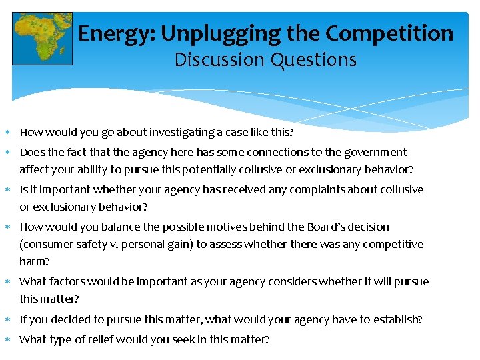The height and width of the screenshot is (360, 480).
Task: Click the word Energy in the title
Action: [x=110, y=33]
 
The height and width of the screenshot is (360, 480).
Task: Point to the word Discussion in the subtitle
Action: [x=219, y=60]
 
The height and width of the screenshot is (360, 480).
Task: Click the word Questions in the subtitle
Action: [x=313, y=60]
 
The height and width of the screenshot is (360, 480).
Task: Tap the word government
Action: [x=373, y=152]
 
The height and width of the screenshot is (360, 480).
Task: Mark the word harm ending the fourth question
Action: [x=33, y=261]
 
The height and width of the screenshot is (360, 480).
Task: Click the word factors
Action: [x=67, y=281]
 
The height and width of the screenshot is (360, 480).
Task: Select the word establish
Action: [x=395, y=319]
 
